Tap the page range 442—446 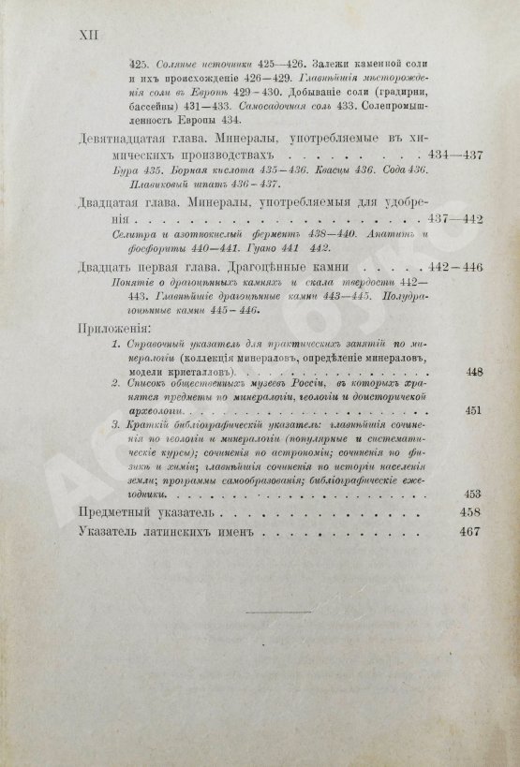(453, 267)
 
